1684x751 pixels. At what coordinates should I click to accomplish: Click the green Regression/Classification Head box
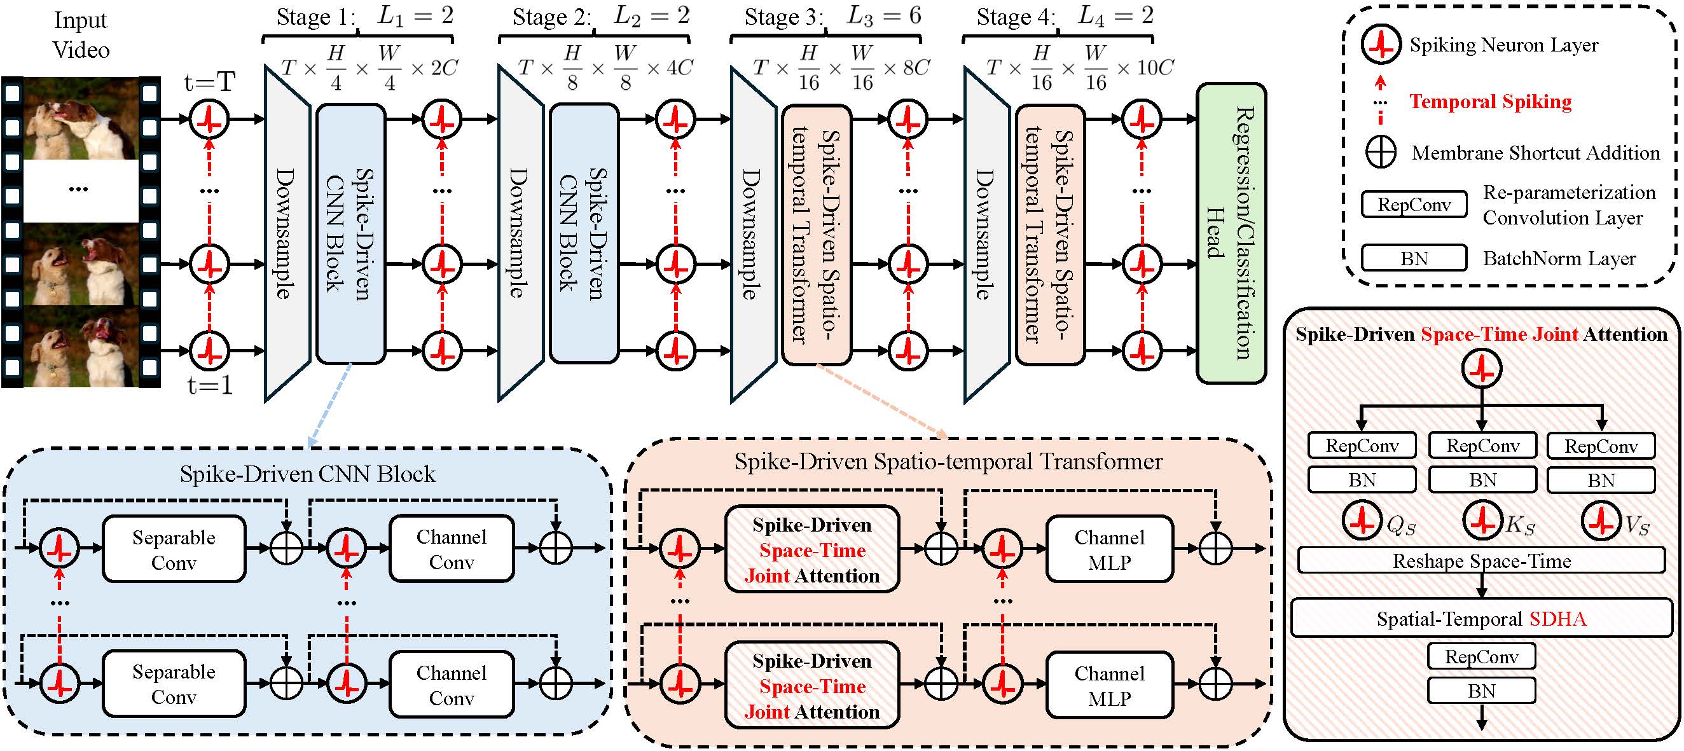pos(1231,233)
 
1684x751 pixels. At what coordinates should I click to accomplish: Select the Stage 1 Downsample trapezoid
pos(287,233)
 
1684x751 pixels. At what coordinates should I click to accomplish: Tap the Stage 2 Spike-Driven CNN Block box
pos(584,233)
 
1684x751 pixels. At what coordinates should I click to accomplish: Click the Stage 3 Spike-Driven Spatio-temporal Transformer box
pos(817,235)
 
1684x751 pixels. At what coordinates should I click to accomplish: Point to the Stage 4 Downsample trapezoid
pos(987,235)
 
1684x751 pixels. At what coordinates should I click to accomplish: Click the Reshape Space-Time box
pos(1481,561)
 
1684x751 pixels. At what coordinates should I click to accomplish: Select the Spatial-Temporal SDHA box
pos(1481,618)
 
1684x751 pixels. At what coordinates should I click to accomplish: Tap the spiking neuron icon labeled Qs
pos(1362,521)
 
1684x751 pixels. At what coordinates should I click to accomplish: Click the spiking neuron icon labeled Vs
pos(1601,521)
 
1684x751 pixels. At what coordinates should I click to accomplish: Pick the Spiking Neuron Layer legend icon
pos(1381,45)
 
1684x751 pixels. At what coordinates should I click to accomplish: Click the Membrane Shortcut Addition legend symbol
pos(1381,152)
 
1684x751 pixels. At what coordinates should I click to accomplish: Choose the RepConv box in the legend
pos(1414,205)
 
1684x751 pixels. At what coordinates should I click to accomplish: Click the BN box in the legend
pos(1414,258)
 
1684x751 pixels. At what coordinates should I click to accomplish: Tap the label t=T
pos(209,83)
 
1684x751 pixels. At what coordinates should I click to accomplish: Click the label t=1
pos(210,385)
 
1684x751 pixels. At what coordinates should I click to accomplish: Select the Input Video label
pos(80,34)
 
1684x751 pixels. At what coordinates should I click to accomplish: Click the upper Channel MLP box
pos(1109,549)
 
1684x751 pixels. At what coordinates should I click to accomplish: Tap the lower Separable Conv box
pos(174,684)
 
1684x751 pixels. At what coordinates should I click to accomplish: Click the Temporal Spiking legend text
pos(1491,101)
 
